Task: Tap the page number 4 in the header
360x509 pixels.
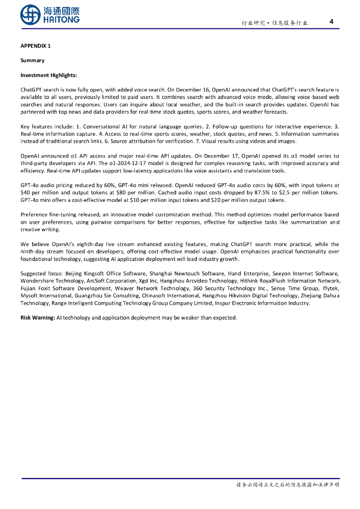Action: [x=332, y=21]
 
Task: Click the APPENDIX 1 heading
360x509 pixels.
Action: [x=35, y=46]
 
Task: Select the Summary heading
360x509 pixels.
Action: [x=32, y=61]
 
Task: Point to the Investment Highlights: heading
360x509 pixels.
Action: [x=49, y=76]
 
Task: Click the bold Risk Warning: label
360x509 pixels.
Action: [x=37, y=318]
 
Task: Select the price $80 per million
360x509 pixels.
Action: [x=134, y=192]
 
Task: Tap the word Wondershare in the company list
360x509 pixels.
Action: [x=37, y=281]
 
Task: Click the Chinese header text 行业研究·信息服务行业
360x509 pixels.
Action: [x=274, y=23]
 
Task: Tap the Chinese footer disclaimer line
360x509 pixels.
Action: [x=287, y=485]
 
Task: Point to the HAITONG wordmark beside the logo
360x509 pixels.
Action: [x=61, y=19]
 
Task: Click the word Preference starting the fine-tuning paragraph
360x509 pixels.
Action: [x=34, y=215]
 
